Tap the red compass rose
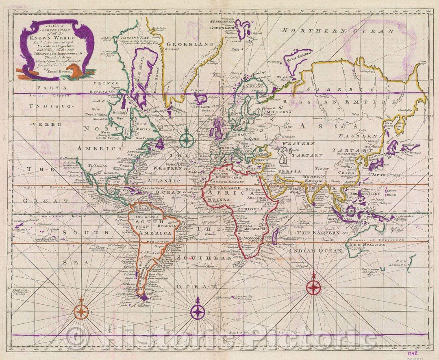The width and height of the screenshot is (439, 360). (x=313, y=287)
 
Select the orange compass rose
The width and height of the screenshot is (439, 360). (x=81, y=312)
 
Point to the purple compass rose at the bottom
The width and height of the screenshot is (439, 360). (x=198, y=312)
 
